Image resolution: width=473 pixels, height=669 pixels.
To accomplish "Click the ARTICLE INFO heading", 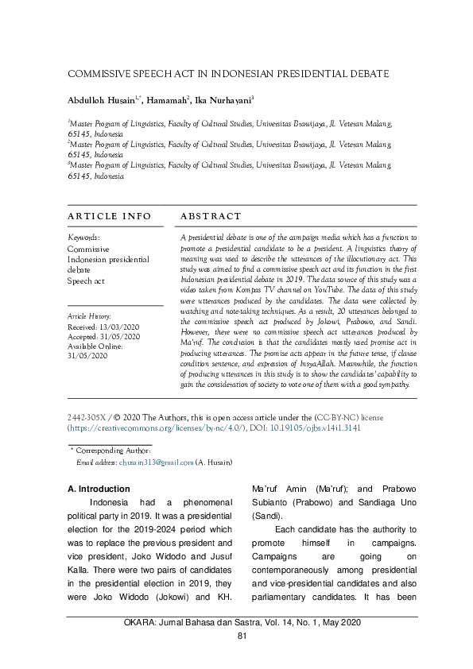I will (x=104, y=216).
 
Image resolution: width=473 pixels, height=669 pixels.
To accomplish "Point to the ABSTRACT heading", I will (x=211, y=216).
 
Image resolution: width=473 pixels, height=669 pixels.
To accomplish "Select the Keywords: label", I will (x=83, y=238).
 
